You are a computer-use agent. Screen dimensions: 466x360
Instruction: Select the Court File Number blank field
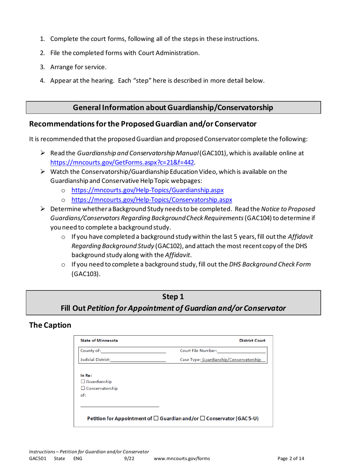click(x=241, y=350)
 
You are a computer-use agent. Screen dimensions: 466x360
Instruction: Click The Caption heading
click(x=50, y=325)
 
